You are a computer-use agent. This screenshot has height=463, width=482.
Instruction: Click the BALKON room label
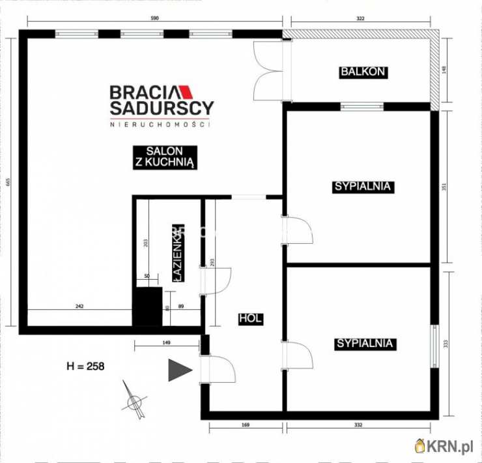coord(363,72)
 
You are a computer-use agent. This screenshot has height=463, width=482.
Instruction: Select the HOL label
coord(251,319)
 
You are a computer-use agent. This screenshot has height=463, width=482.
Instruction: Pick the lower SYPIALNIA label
coord(365,343)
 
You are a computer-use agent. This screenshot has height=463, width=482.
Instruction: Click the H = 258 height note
coord(85,366)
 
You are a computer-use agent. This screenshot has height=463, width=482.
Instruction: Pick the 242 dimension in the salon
coord(79,306)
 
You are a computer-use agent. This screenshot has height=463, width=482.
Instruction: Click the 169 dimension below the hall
coord(245,426)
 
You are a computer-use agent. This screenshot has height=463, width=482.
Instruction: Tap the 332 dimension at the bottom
coord(358,426)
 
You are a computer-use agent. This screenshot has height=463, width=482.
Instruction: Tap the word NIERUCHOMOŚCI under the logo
coord(160,123)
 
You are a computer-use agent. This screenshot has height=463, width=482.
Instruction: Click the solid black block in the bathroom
coord(147,306)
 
